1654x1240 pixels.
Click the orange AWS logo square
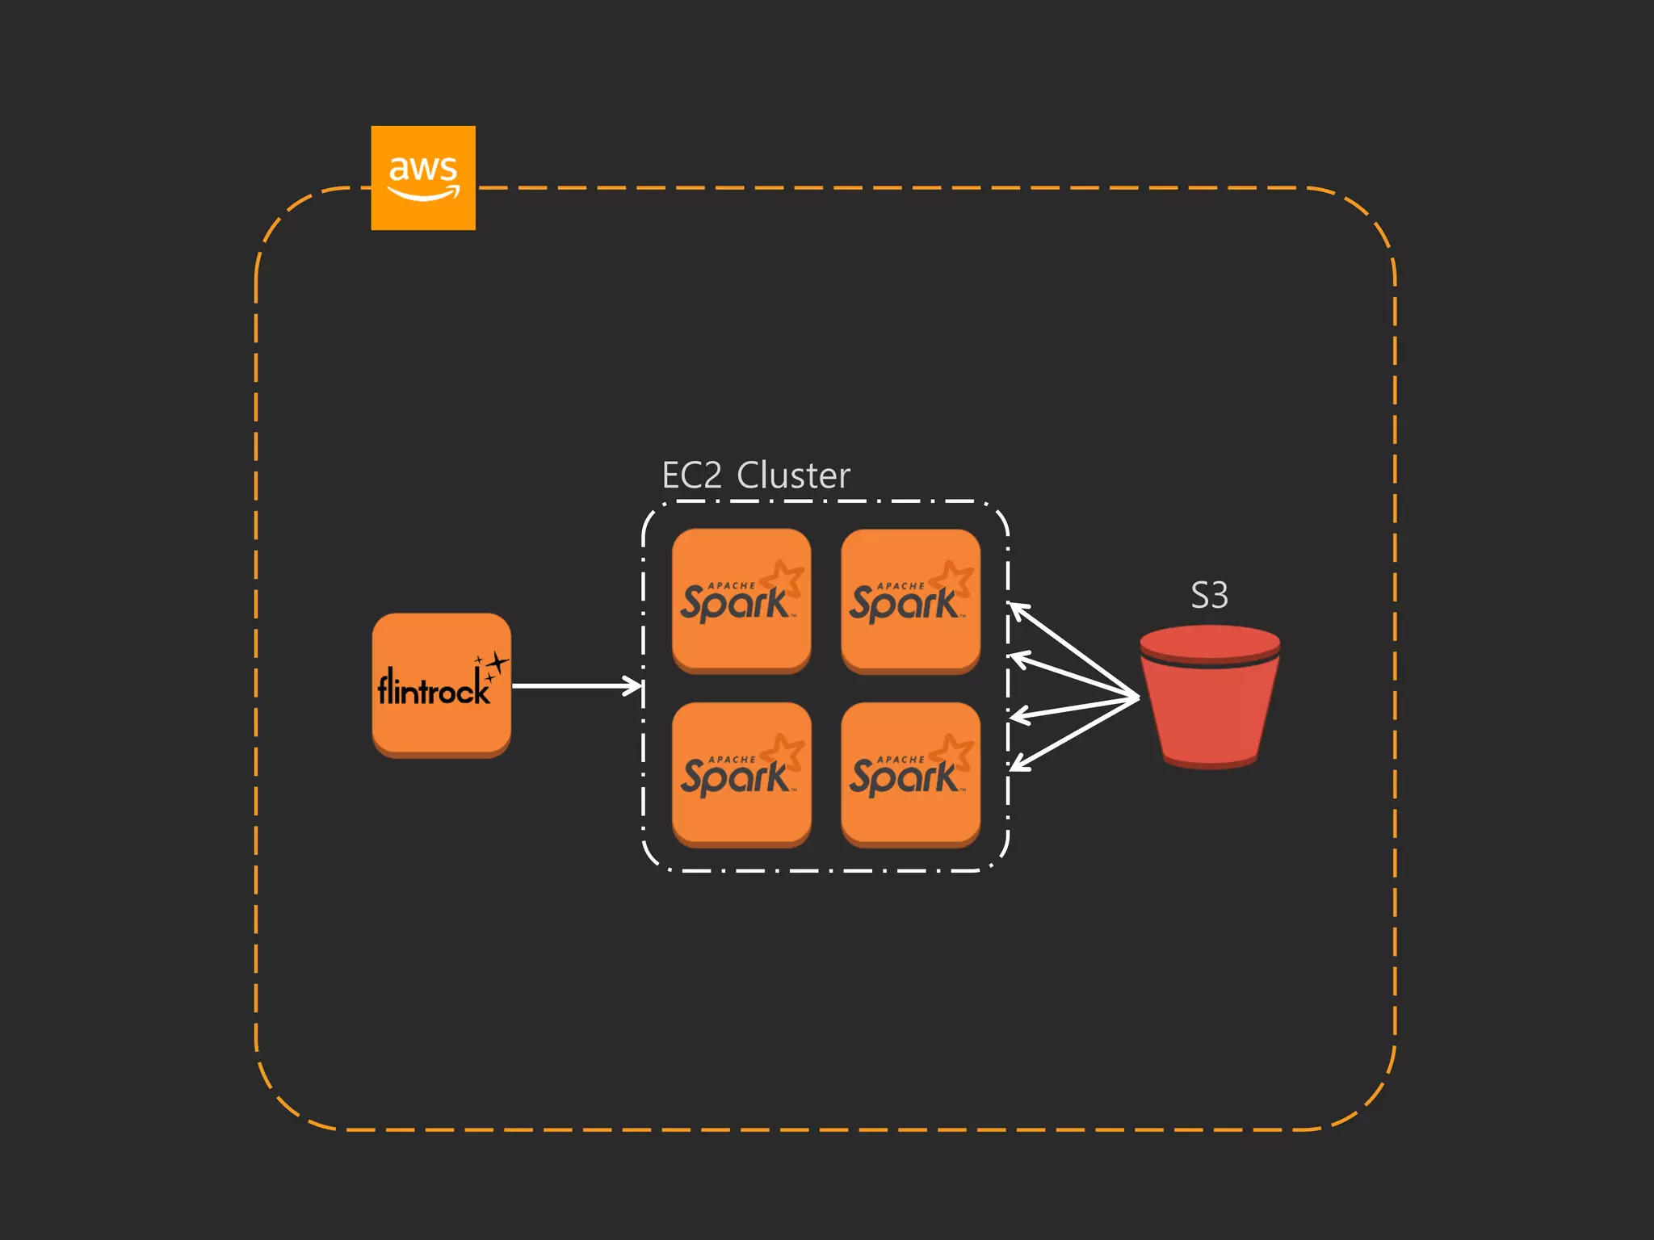422,178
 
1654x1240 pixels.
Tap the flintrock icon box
441,685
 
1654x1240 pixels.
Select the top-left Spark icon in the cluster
741,600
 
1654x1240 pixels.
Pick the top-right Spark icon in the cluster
910,600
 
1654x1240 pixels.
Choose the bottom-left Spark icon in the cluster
741,773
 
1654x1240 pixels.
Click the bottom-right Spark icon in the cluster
910,773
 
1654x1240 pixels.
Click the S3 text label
1209,596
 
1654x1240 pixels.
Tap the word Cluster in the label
793,475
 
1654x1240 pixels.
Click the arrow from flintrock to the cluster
575,686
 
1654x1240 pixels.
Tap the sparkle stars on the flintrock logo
493,667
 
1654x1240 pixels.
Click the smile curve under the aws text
422,194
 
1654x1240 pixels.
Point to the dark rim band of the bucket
1209,663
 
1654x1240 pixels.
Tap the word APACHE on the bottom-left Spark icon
732,760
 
